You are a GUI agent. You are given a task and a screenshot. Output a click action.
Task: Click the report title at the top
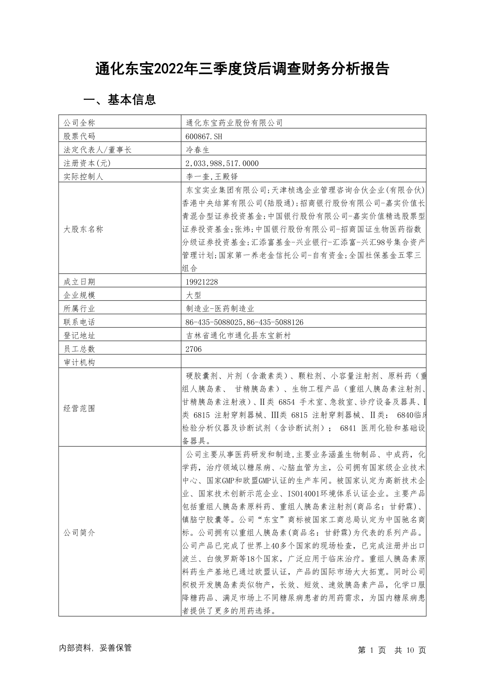tap(242, 69)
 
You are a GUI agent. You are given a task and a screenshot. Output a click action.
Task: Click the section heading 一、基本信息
tap(119, 100)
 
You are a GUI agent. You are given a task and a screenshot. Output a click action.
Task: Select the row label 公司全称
tap(79, 123)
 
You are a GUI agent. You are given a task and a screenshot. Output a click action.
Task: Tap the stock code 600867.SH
tap(204, 136)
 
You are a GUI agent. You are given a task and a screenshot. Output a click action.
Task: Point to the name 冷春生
tap(198, 150)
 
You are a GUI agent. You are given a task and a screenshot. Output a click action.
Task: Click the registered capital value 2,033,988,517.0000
tap(222, 163)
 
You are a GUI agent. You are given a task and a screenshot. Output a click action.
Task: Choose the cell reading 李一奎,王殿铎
tap(211, 177)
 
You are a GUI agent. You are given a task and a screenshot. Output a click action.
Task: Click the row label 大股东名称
tap(83, 229)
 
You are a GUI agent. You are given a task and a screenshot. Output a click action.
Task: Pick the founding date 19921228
tap(202, 281)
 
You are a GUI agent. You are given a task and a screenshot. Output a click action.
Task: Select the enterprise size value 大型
tap(193, 295)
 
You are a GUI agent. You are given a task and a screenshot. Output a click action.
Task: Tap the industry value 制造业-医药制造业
tap(220, 308)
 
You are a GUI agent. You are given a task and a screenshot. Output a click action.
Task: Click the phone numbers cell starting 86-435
tap(244, 322)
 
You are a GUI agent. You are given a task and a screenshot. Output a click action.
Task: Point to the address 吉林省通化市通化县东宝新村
tap(238, 336)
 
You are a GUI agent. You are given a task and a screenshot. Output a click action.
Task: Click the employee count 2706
tap(193, 349)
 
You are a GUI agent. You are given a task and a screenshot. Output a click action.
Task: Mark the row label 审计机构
tap(79, 362)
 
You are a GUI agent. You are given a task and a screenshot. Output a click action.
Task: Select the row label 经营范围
tap(79, 408)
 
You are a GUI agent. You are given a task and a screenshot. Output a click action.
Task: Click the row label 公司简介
tap(79, 532)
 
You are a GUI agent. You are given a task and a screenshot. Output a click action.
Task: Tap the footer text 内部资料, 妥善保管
tap(95, 648)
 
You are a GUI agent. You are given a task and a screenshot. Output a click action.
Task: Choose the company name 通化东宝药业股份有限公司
tap(234, 123)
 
